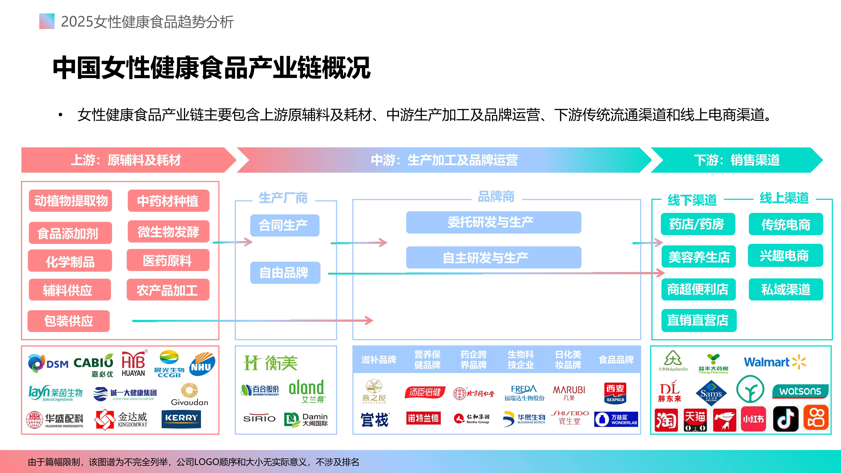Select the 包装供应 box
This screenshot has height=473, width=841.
[x=69, y=321]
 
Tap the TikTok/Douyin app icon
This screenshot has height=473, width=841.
[x=785, y=419]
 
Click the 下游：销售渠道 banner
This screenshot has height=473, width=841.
[x=737, y=160]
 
